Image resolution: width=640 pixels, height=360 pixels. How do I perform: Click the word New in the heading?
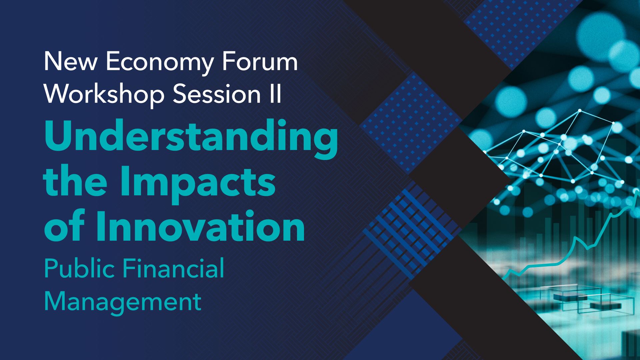coord(71,62)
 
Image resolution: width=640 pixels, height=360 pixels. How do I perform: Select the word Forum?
coord(260,62)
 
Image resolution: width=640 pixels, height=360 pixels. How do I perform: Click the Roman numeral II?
coord(276,94)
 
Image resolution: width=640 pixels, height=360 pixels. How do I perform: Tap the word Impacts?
coord(198,183)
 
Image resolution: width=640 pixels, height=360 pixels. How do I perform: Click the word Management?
coord(123,302)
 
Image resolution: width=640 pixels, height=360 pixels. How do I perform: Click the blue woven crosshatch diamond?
coord(410,230)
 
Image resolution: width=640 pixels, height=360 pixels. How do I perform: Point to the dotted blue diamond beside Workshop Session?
coord(410,123)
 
